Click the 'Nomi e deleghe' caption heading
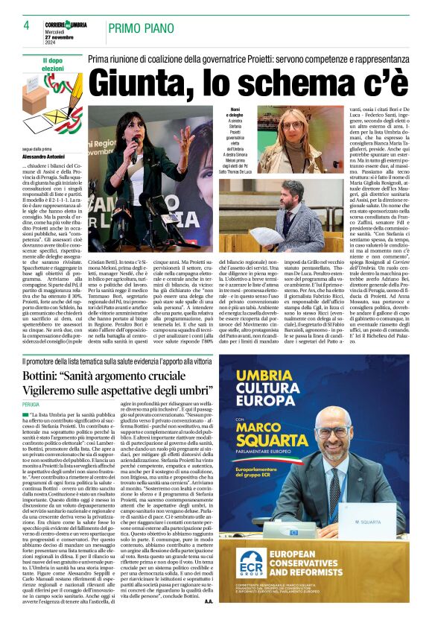click(x=236, y=113)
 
